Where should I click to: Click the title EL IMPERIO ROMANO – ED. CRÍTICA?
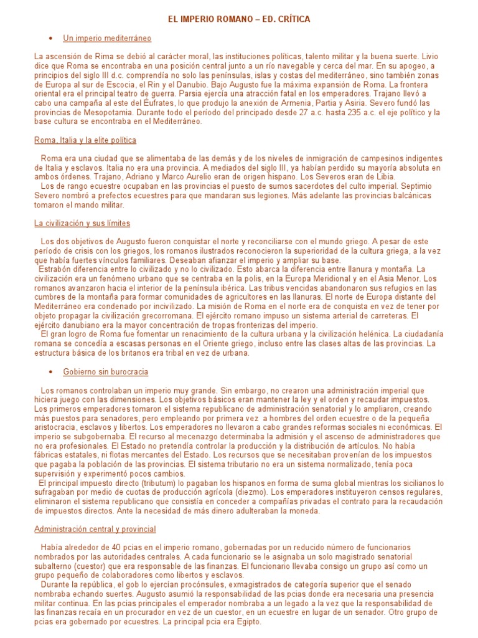click(239, 19)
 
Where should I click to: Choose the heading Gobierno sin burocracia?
click(105, 372)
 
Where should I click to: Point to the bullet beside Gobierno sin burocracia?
click(50, 372)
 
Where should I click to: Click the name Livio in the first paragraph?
click(430, 56)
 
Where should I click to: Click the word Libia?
click(383, 176)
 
